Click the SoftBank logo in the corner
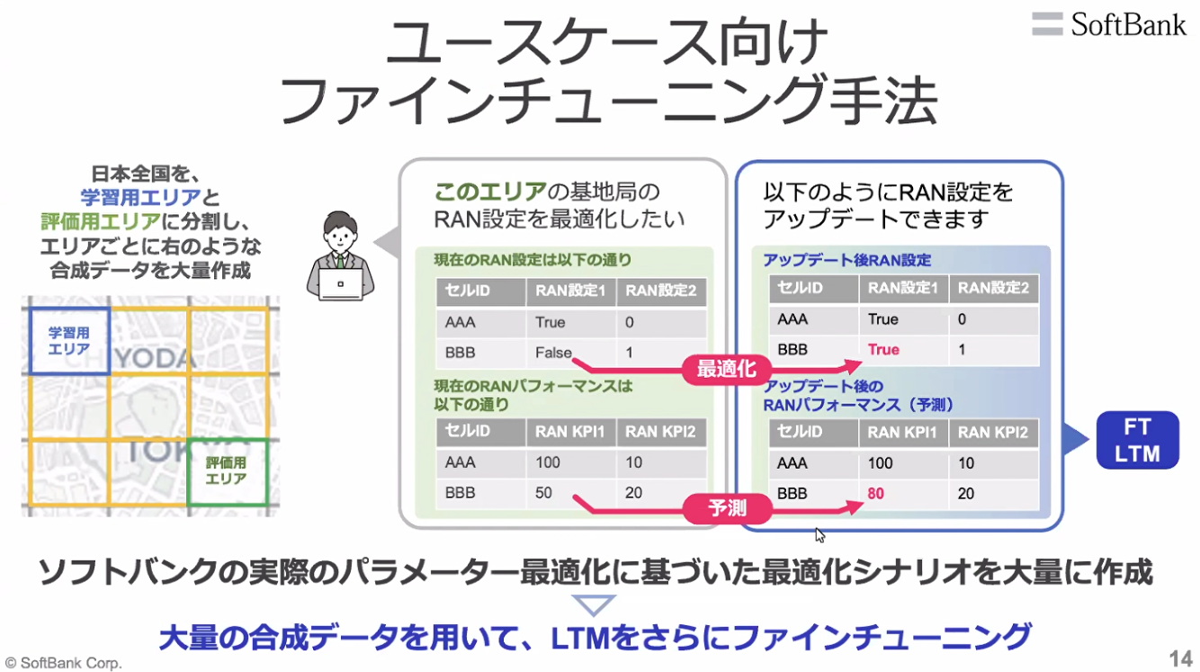click(1108, 24)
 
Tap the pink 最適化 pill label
click(727, 369)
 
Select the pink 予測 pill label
click(727, 508)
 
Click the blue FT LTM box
click(1137, 440)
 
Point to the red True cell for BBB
click(883, 349)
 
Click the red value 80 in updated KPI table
click(875, 493)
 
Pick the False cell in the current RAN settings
click(553, 353)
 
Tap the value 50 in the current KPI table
click(543, 492)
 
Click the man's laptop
click(340, 284)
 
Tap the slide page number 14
click(1180, 659)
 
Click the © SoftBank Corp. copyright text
click(63, 663)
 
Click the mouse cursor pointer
click(819, 535)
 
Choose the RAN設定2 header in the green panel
click(660, 291)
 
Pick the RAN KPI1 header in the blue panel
click(901, 433)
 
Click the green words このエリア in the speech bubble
click(489, 192)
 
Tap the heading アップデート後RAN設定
click(847, 261)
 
